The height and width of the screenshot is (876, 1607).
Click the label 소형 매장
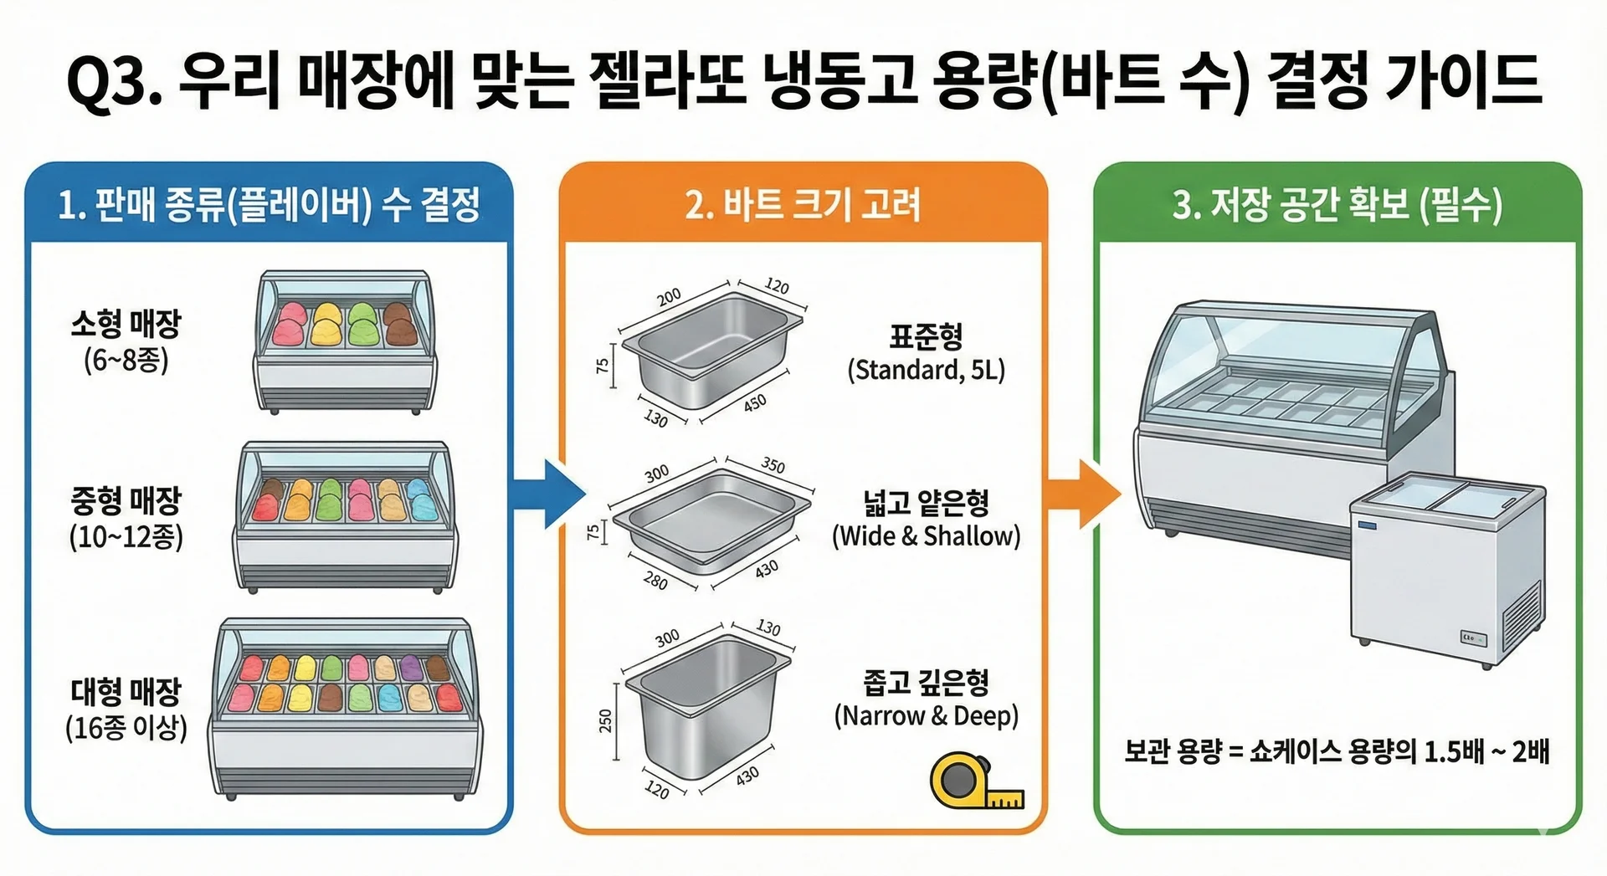tap(126, 323)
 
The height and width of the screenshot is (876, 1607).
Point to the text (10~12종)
tap(126, 536)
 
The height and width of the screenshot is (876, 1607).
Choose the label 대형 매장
tap(126, 691)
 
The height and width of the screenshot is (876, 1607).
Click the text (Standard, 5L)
tap(926, 369)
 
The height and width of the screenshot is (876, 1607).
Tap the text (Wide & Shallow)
tap(926, 535)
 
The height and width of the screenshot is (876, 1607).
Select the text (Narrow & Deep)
tap(926, 715)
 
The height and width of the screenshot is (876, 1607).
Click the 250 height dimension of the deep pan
tap(605, 720)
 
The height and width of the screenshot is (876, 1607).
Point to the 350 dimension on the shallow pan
tap(773, 464)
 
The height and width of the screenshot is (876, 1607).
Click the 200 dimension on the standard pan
tap(668, 297)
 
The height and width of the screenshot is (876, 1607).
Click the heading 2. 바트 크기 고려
tap(802, 204)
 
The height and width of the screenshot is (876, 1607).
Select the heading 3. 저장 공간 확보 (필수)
tap(1337, 204)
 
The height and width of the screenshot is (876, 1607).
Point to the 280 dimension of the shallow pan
tap(655, 579)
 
